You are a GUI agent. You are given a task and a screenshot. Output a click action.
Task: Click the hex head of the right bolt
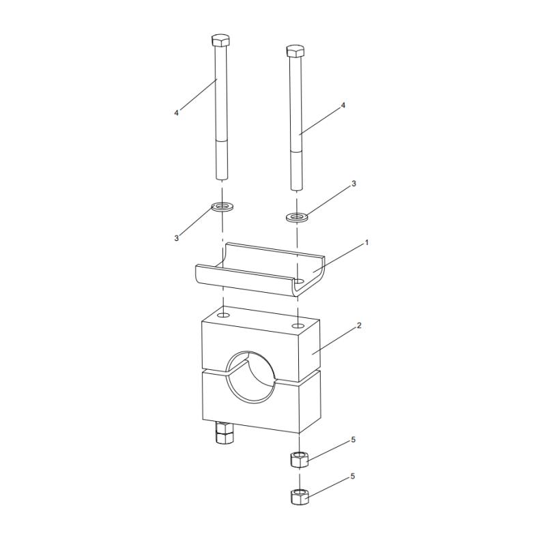pos(295,51)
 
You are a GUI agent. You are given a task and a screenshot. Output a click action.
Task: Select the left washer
pos(221,205)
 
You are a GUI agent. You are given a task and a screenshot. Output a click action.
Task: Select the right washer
pos(296,218)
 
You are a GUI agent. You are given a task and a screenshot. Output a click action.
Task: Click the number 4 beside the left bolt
pos(176,113)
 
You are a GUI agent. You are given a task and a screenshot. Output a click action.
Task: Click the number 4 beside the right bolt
pos(343,106)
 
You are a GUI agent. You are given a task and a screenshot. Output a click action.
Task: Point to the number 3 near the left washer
pos(176,238)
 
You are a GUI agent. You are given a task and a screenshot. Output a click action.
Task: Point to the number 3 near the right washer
pos(354,184)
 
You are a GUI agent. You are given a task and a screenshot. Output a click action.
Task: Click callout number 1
pos(367,242)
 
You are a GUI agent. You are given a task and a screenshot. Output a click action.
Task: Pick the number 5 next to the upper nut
pos(353,440)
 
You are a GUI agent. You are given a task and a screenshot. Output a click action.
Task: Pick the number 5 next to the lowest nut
pos(353,476)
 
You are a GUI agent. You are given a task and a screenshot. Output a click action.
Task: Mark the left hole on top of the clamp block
pos(222,317)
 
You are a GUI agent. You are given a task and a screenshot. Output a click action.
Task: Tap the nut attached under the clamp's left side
pos(223,433)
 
